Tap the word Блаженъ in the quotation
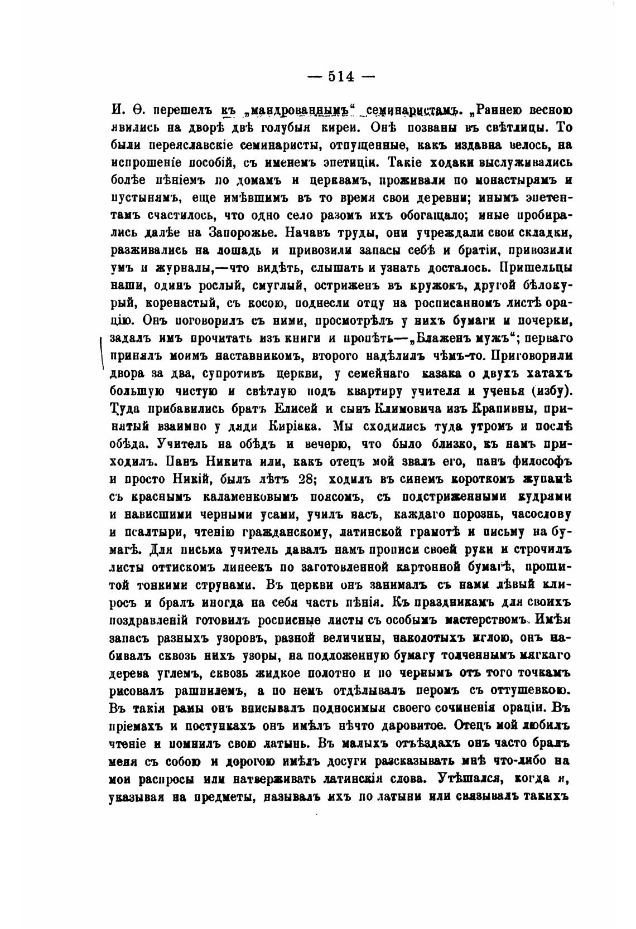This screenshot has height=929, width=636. pyautogui.click(x=437, y=338)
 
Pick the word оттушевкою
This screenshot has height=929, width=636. pyautogui.click(x=529, y=691)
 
